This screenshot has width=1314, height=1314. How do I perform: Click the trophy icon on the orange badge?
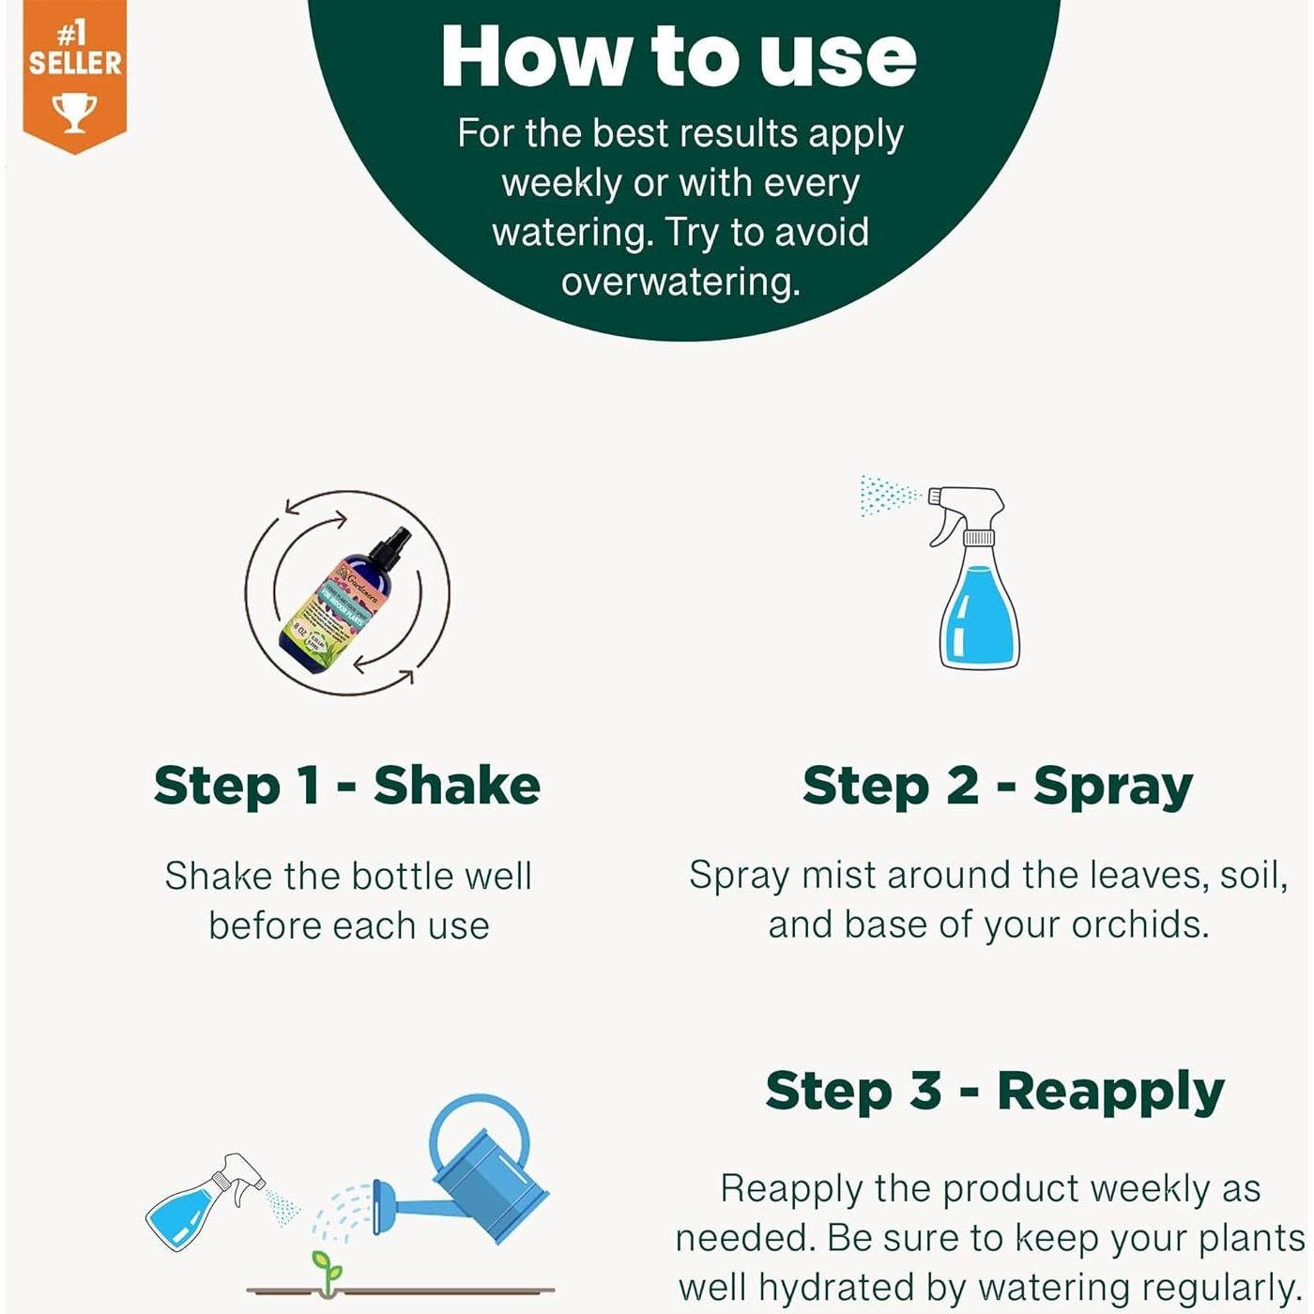[x=74, y=112]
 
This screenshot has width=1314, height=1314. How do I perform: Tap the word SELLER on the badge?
[x=75, y=64]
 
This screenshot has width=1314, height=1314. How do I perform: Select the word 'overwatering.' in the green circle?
[x=680, y=282]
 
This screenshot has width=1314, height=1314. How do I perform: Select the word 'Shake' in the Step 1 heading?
[x=456, y=786]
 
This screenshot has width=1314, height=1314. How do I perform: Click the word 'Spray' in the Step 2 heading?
[x=1112, y=787]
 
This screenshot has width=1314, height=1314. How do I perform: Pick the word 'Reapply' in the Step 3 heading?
[x=1110, y=1092]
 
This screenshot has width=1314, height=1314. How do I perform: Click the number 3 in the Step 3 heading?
[x=925, y=1091]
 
